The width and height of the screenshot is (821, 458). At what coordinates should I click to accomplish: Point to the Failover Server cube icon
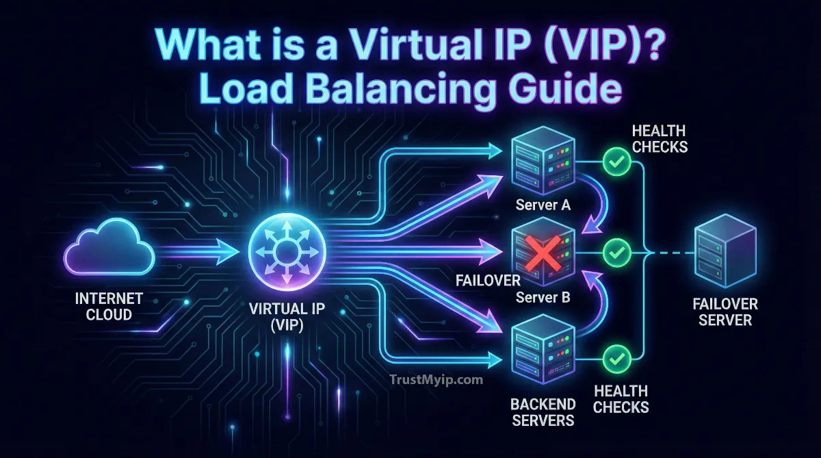[724, 253]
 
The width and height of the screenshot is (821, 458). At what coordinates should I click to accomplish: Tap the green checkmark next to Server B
[618, 253]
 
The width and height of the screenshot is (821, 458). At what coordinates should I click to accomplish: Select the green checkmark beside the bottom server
[618, 357]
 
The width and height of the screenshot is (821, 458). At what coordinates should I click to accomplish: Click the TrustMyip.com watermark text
[434, 379]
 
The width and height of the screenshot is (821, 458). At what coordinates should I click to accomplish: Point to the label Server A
[544, 206]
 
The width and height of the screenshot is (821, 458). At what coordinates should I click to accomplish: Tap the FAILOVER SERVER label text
[725, 312]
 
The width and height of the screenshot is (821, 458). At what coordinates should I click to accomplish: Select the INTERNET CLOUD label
[109, 307]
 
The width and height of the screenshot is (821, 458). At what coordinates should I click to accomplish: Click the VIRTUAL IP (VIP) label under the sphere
[282, 317]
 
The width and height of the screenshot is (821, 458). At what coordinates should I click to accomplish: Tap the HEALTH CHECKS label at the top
[659, 137]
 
